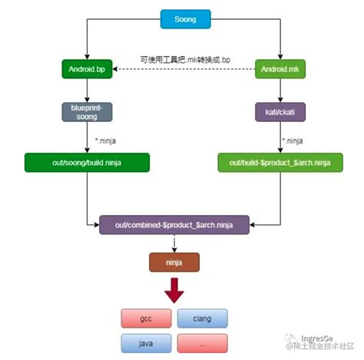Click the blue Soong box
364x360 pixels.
click(x=185, y=18)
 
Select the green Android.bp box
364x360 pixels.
click(x=87, y=70)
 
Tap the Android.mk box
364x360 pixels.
click(x=281, y=70)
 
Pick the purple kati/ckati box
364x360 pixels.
click(x=281, y=112)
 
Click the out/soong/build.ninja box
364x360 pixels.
click(x=87, y=162)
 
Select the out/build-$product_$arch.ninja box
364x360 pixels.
click(x=281, y=162)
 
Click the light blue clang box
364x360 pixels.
click(x=203, y=317)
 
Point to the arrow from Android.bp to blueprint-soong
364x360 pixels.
click(x=87, y=90)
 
